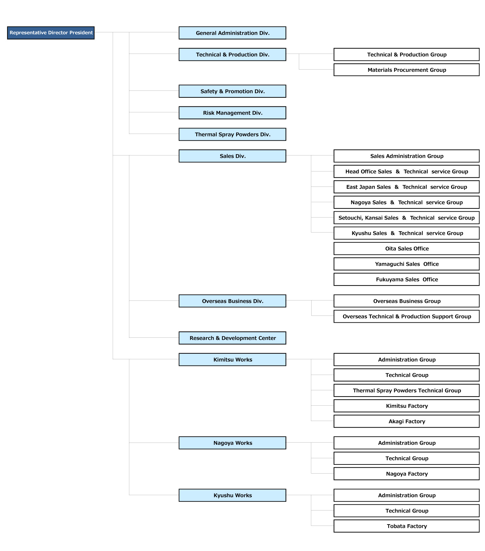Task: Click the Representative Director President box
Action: (x=51, y=33)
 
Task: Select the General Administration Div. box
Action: (x=233, y=33)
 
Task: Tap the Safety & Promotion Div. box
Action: (x=233, y=91)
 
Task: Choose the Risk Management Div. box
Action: (x=233, y=113)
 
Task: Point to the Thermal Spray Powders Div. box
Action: (x=233, y=134)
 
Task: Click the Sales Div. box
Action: (x=233, y=156)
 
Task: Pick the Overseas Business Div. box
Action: (x=233, y=301)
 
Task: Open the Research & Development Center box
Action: (x=233, y=338)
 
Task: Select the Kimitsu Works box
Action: (x=233, y=360)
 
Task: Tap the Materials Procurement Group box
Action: (x=407, y=70)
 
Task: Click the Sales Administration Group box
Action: (x=407, y=156)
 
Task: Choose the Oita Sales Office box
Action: (x=407, y=249)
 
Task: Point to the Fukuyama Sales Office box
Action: (x=407, y=279)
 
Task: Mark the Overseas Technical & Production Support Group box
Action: (x=407, y=316)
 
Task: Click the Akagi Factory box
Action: (x=407, y=421)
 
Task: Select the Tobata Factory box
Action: (x=407, y=526)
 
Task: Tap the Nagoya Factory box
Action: (x=407, y=474)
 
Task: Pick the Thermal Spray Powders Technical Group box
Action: (x=407, y=390)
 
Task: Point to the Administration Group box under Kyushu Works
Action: (x=407, y=495)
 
